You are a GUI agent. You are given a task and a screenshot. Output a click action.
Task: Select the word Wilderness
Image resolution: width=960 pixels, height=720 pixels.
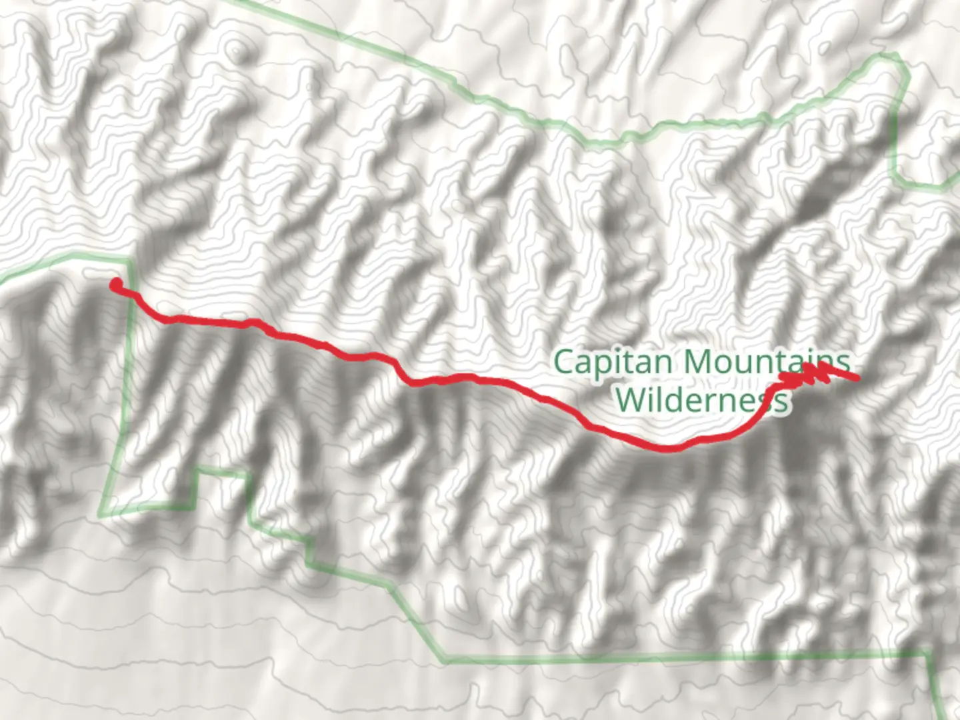tap(701, 401)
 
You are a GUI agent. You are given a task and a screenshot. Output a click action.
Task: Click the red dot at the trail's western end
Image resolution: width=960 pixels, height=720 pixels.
tap(116, 285)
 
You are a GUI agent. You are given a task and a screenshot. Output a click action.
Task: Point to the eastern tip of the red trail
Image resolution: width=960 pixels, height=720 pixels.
tap(856, 379)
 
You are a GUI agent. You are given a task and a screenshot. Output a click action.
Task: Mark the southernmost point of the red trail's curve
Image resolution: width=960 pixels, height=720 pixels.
tap(667, 449)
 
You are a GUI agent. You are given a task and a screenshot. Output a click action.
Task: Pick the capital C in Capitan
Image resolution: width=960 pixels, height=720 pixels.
tap(563, 363)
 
